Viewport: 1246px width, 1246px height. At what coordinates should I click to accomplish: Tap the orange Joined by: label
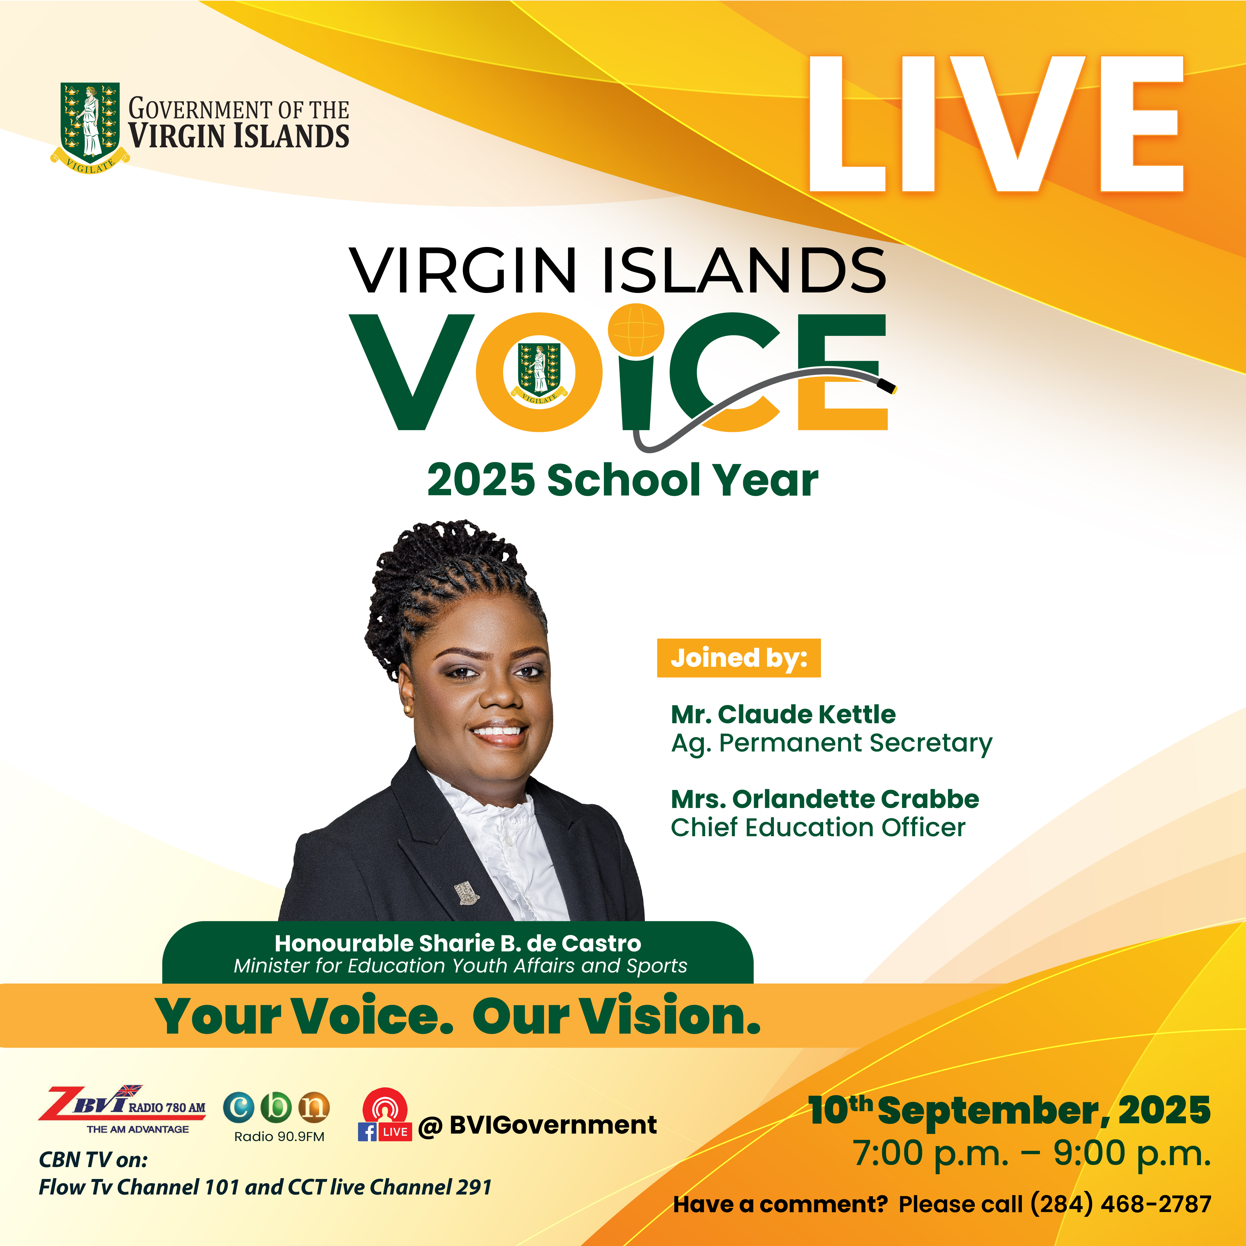[x=738, y=658]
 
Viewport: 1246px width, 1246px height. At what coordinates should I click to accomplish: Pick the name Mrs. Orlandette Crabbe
[x=825, y=799]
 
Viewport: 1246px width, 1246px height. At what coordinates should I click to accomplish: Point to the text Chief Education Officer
[x=818, y=827]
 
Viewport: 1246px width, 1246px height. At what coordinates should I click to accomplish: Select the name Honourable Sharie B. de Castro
[x=458, y=943]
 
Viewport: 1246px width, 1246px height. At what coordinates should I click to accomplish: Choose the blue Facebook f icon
[x=367, y=1132]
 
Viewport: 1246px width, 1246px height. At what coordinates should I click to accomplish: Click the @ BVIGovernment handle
[x=537, y=1125]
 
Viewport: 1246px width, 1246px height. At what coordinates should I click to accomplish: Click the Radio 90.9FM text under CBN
[x=279, y=1136]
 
